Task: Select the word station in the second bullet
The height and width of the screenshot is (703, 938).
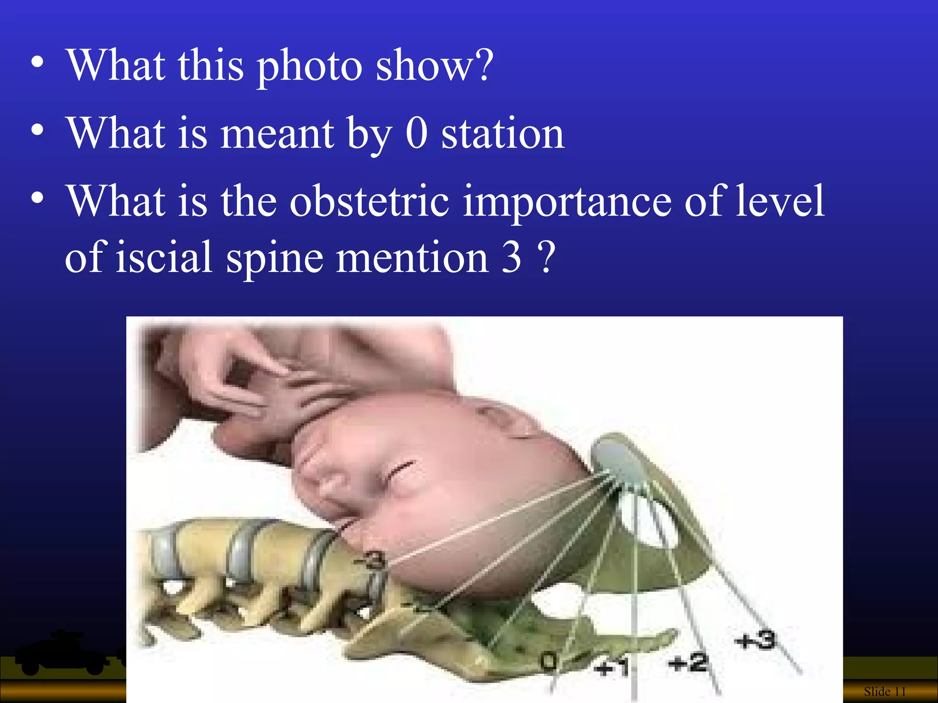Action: (502, 134)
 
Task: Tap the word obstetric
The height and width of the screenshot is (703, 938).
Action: (369, 201)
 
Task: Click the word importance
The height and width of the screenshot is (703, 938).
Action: (567, 202)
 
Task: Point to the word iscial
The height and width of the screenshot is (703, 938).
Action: (164, 257)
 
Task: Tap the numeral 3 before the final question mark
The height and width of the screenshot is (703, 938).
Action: (512, 257)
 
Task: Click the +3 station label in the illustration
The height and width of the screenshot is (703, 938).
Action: (756, 639)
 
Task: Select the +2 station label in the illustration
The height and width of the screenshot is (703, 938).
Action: (688, 663)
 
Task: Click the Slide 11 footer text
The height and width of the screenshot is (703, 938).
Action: (884, 691)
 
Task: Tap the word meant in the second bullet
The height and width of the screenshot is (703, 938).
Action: (278, 134)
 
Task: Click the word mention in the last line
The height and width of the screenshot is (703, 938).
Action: (412, 257)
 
